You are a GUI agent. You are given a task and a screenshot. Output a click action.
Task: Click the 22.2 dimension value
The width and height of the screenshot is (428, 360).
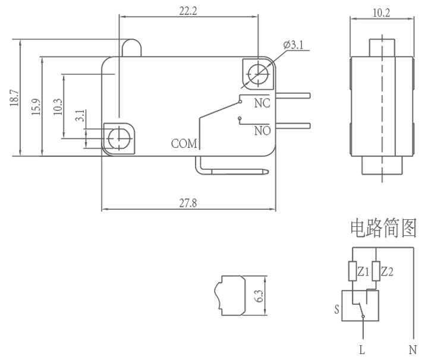(188, 10)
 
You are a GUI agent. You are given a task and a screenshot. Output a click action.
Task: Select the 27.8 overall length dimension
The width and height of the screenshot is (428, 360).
(188, 203)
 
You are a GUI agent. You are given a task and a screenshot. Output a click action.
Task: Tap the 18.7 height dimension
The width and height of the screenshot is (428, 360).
(15, 99)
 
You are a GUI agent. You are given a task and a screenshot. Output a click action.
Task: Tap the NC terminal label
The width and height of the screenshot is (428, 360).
(262, 103)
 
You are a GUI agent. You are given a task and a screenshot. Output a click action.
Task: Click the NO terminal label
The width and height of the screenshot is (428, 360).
(262, 130)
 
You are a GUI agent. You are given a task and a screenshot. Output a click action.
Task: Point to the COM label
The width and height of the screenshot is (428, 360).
(184, 143)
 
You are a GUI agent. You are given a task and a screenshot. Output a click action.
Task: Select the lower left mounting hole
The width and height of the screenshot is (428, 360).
(119, 138)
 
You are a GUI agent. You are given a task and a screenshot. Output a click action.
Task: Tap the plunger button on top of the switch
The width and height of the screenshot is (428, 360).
(132, 48)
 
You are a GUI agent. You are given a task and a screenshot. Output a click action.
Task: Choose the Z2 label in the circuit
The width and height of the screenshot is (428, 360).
(387, 271)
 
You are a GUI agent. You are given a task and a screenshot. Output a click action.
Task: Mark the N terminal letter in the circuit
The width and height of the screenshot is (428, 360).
(413, 350)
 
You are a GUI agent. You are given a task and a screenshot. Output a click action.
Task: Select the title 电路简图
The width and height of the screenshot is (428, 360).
(382, 228)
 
